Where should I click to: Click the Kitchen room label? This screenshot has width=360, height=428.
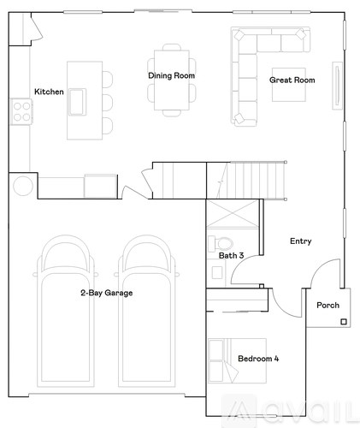[49, 92]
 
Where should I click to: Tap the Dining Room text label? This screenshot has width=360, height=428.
[172, 76]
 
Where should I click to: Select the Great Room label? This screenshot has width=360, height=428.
[292, 80]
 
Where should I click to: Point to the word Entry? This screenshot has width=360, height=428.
[300, 241]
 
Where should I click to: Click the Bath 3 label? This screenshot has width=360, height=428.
[231, 255]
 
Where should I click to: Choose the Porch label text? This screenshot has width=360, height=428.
[328, 306]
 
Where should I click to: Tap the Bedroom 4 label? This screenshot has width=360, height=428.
[258, 358]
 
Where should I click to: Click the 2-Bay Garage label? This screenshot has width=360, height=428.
[106, 293]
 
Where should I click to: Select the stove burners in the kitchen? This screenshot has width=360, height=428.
[21, 110]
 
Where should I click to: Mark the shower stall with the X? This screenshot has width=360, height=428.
[232, 214]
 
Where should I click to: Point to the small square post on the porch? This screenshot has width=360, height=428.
[343, 322]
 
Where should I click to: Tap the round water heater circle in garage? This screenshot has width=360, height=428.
[23, 186]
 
